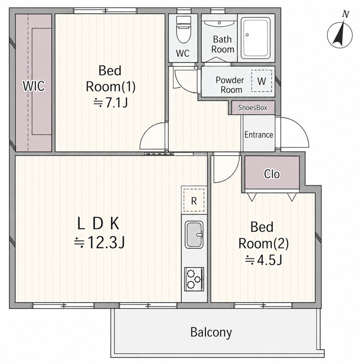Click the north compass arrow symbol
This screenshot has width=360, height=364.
tap(340, 34)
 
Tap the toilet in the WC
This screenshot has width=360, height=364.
tap(183, 30)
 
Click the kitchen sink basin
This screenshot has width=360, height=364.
tap(194, 234)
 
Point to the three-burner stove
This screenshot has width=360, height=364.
tap(194, 279)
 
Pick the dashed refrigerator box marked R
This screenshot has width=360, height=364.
tap(194, 200)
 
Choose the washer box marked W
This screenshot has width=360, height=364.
tap(262, 81)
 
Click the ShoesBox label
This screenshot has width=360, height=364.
tap(253, 107)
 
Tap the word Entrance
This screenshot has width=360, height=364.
tap(259, 135)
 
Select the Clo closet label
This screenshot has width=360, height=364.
tap(272, 174)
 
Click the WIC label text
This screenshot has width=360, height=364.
tap(34, 86)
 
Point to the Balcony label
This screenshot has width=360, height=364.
tap(211, 332)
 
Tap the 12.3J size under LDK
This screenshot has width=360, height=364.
tap(99, 243)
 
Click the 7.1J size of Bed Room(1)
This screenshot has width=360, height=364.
tap(110, 103)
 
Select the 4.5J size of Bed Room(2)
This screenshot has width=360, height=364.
tap(264, 260)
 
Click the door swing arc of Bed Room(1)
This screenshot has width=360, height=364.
tap(147, 130)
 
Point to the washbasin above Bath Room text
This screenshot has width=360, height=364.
tap(219, 23)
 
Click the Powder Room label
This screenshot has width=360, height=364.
tap(230, 85)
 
